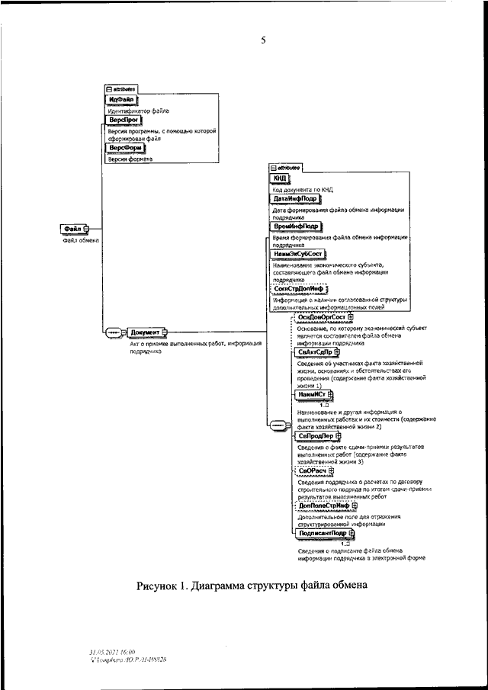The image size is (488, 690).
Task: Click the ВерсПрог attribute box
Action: tap(121, 121)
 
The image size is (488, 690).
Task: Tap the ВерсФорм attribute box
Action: tap(124, 148)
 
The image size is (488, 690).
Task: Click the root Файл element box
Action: tap(74, 228)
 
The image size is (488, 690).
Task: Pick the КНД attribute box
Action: tap(280, 178)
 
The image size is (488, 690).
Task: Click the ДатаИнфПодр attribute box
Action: tap(296, 199)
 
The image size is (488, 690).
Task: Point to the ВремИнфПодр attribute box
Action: tap(297, 226)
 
